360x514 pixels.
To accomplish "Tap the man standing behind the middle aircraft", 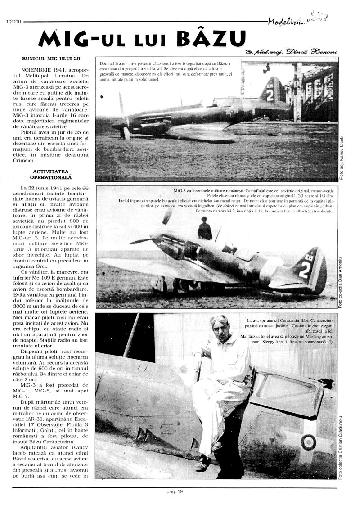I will click(205, 229).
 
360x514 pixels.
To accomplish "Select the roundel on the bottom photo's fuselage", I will click(308, 442).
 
